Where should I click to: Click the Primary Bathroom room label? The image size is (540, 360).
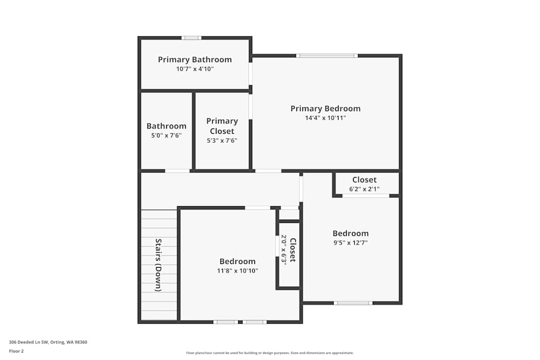194,59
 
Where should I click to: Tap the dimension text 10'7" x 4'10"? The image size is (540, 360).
194,69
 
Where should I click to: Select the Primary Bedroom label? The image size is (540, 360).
325,108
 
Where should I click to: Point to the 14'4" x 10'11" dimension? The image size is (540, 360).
325,118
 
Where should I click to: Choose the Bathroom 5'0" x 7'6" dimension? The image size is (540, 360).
166,135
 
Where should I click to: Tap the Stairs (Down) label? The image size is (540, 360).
158,264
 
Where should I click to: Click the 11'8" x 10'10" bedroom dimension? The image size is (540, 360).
238,270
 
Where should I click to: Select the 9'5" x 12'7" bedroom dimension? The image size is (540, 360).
350,243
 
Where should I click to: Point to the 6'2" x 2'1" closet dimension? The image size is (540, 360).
364,189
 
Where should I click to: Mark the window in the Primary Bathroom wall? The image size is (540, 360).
191,38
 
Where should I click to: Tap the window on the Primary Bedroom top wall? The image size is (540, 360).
327,56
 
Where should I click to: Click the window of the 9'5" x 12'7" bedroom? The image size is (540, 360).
353,303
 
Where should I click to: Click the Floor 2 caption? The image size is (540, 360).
16,351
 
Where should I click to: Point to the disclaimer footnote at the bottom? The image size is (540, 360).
270,353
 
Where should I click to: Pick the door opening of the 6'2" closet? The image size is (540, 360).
366,195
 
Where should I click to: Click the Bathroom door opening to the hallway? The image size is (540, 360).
177,171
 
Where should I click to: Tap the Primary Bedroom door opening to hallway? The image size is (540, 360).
268,171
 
